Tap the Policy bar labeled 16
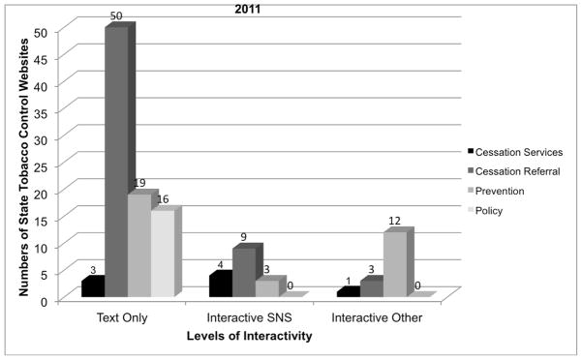pos(163,253)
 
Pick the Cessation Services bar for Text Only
pos(92,287)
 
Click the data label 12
pos(395,222)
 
